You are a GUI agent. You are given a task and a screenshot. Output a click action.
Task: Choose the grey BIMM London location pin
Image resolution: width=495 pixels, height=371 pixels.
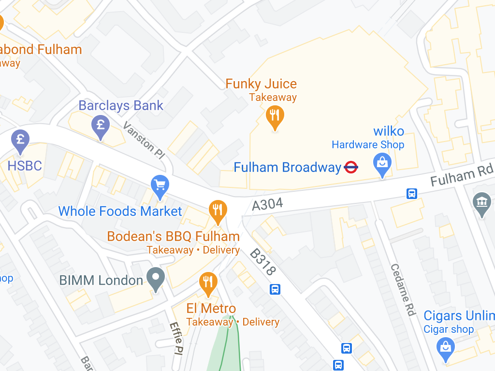pyautogui.click(x=156, y=278)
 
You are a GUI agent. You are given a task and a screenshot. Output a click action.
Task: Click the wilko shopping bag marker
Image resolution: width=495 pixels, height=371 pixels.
pyautogui.click(x=382, y=164)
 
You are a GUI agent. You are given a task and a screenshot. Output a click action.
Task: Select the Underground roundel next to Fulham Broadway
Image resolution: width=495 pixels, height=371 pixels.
pyautogui.click(x=351, y=168)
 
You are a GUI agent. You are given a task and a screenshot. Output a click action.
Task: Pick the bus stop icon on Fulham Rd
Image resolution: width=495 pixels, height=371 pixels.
pyautogui.click(x=411, y=194)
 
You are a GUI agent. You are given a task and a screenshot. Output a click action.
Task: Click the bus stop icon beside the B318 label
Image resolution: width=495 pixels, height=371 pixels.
pyautogui.click(x=275, y=289)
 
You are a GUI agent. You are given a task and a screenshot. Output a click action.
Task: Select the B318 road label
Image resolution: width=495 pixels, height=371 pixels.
pyautogui.click(x=263, y=262)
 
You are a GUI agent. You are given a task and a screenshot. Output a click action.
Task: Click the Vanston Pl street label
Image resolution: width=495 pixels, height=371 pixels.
pyautogui.click(x=144, y=141)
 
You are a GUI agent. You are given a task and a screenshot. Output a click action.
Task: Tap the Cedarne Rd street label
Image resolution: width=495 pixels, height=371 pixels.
pyautogui.click(x=403, y=290)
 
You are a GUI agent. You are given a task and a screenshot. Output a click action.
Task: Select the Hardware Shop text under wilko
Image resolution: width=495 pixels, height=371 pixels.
pyautogui.click(x=367, y=144)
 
